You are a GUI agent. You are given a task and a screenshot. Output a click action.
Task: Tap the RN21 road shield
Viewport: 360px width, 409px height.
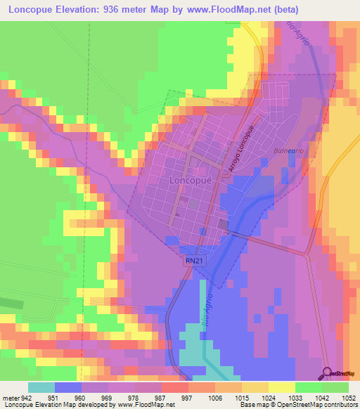click(195, 260)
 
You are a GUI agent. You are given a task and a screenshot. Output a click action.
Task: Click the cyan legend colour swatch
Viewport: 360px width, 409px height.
click(41, 387)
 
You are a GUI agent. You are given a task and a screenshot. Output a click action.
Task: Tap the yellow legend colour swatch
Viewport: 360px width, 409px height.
click(282, 387)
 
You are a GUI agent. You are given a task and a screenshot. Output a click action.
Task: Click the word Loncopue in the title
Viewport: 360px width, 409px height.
click(31, 10)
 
